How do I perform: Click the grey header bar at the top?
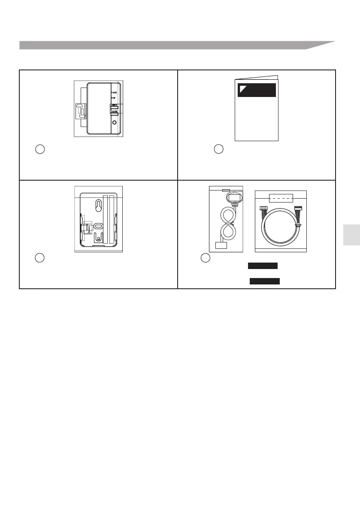click(x=172, y=45)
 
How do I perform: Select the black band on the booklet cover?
click(x=257, y=90)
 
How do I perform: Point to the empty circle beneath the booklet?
click(x=218, y=149)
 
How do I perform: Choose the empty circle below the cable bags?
click(x=206, y=258)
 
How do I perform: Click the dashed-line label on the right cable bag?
click(x=281, y=199)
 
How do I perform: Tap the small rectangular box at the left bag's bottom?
click(x=221, y=246)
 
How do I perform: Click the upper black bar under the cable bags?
click(x=263, y=266)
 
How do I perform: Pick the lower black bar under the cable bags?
click(x=265, y=281)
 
